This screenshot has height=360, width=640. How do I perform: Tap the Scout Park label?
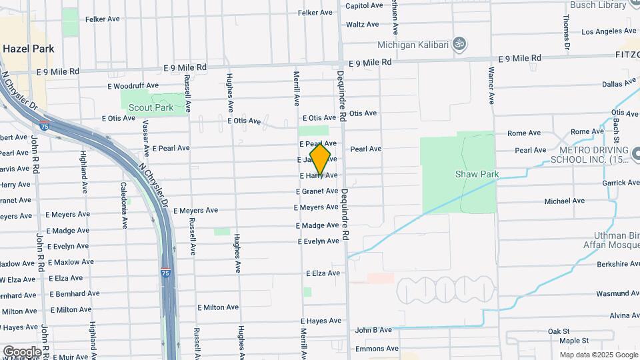click(150, 107)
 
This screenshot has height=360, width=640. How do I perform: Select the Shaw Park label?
click(477, 175)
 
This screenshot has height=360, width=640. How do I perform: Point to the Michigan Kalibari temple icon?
click(458, 44)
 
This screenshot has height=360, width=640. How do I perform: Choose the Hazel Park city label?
click(28, 49)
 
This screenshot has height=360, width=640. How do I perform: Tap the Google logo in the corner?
click(21, 351)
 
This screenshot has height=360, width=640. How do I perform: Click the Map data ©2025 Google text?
click(598, 355)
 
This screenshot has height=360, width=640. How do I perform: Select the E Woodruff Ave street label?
click(133, 85)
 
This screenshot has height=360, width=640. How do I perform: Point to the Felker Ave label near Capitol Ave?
click(315, 13)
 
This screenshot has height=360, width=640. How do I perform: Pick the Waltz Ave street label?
click(363, 25)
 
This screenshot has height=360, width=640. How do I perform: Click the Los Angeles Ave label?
click(606, 31)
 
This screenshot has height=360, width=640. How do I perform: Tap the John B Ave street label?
click(373, 330)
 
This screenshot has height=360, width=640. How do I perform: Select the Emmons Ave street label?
click(377, 349)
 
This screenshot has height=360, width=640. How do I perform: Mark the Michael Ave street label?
click(564, 201)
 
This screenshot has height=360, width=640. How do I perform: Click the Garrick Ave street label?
click(621, 183)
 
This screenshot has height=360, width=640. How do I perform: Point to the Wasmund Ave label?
click(617, 293)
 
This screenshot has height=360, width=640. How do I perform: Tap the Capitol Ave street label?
click(364, 5)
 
